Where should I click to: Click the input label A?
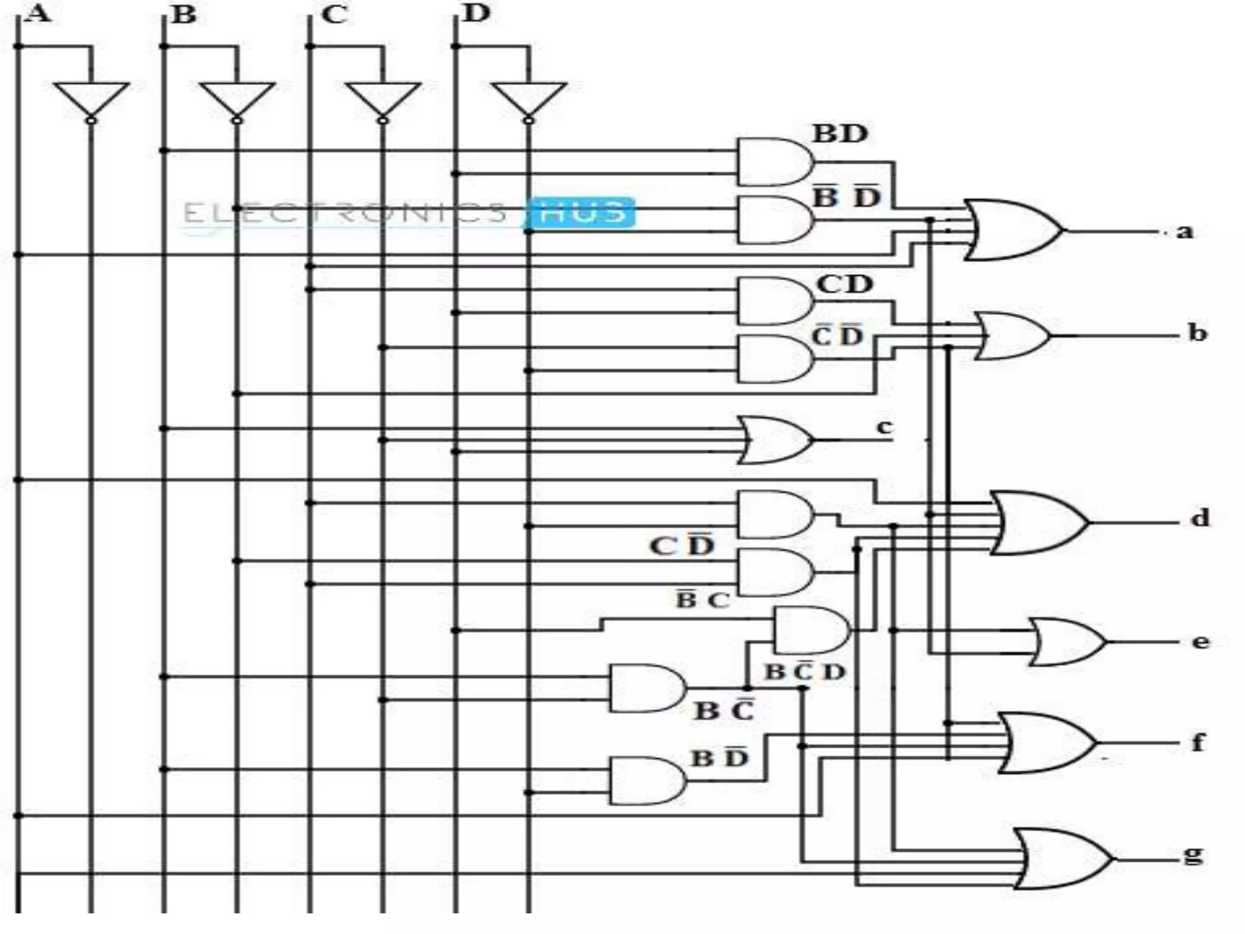39,13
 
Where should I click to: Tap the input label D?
475,13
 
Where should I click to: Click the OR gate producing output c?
775,440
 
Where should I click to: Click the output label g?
1193,855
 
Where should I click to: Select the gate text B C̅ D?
805,673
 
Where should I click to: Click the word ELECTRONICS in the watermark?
344,213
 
